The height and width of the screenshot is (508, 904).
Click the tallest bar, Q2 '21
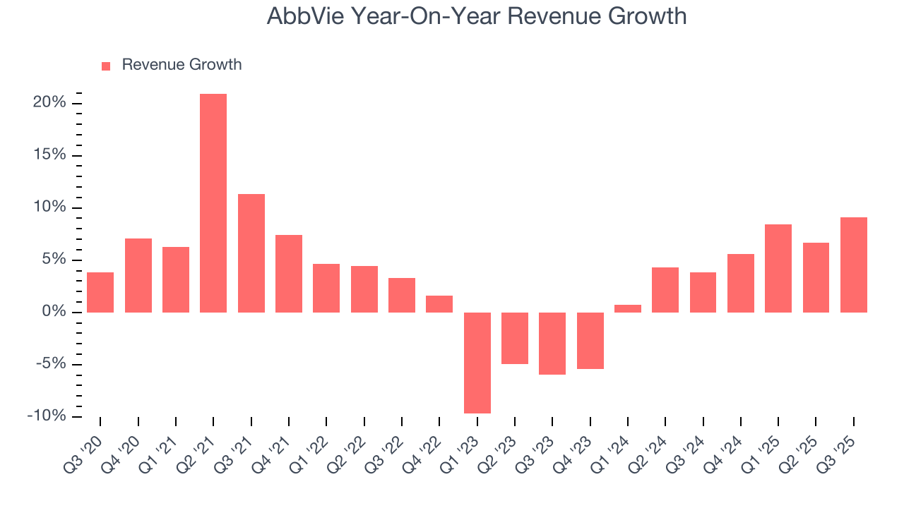[213, 203]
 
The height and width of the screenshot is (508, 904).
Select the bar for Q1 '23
[477, 363]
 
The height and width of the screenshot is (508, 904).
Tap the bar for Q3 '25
[853, 265]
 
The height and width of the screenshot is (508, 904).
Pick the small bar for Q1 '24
[628, 308]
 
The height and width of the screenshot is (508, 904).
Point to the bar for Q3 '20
[100, 292]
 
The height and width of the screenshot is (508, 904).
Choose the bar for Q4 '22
[439, 304]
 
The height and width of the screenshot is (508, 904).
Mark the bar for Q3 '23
[552, 343]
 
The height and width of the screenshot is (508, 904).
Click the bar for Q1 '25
[778, 268]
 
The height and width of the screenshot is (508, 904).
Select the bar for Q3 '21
[251, 253]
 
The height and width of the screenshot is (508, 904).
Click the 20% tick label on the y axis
[49, 103]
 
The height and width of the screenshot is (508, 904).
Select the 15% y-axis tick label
[49, 155]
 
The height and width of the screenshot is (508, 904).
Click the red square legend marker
[106, 66]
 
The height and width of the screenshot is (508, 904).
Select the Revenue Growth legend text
[182, 65]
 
